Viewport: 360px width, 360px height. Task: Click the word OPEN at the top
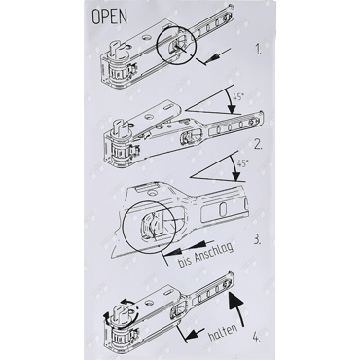(x=110, y=17)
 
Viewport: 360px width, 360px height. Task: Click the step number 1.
(x=258, y=51)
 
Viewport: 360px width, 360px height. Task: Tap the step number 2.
(x=258, y=144)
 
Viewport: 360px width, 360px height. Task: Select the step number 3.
(x=257, y=240)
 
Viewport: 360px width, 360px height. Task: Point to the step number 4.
(x=256, y=339)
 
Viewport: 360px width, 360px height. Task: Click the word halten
(x=223, y=331)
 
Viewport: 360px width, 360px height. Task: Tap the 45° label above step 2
(x=237, y=97)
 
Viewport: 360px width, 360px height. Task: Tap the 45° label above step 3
(x=242, y=163)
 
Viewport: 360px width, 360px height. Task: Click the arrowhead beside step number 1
(x=212, y=57)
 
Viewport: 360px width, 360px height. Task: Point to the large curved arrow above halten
(x=239, y=308)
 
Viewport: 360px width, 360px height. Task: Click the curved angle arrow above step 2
(x=233, y=99)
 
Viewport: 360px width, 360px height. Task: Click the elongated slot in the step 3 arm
(x=224, y=210)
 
